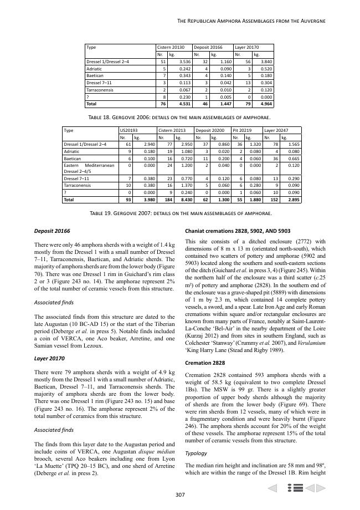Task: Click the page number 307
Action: [179, 495]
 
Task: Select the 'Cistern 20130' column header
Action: [171, 48]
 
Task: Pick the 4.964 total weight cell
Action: [265, 104]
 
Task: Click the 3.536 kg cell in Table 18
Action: [181, 62]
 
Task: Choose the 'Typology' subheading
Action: [196, 453]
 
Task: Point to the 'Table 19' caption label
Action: [104, 213]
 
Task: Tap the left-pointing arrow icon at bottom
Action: [272, 488]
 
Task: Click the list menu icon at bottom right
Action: [295, 488]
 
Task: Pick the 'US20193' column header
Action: [129, 130]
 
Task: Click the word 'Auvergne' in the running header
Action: [311, 21]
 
